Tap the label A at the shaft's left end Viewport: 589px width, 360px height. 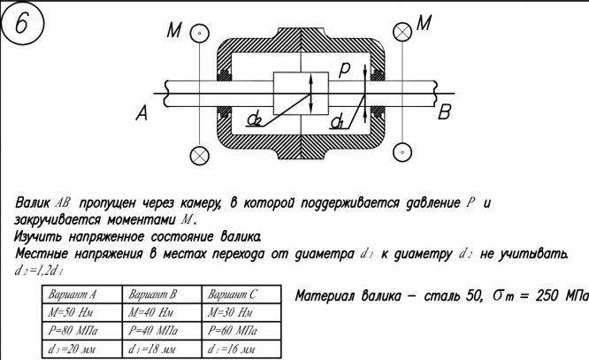tap(142, 112)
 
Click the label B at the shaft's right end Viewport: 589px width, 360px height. tap(446, 112)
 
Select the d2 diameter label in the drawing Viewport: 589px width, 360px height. tap(254, 119)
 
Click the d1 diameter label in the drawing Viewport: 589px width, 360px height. tap(338, 120)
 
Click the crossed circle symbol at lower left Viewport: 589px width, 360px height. tap(200, 154)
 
